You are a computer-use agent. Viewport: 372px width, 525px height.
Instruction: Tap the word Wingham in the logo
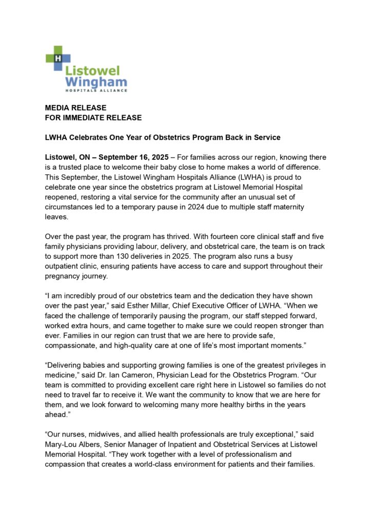pos(96,82)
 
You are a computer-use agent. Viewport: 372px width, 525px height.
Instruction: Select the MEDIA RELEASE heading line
pos(75,108)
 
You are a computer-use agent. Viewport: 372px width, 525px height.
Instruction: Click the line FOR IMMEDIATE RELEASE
pos(93,117)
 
